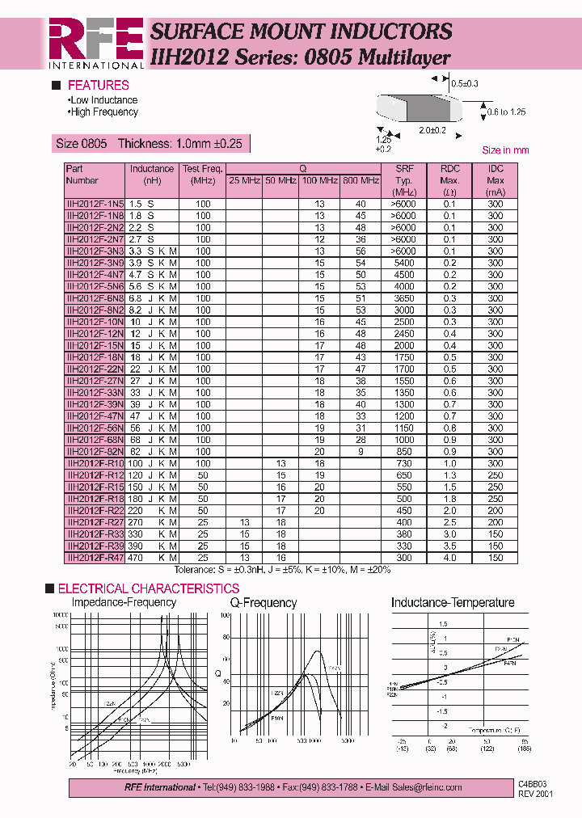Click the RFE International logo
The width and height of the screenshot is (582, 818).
click(x=95, y=42)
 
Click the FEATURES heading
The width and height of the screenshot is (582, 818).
click(x=98, y=85)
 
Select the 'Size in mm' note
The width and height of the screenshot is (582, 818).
click(x=505, y=150)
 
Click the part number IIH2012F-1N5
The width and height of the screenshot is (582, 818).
click(x=95, y=204)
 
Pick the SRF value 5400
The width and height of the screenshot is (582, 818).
click(x=404, y=263)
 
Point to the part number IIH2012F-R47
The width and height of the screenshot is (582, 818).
click(x=95, y=558)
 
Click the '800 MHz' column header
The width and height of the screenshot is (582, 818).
click(x=360, y=180)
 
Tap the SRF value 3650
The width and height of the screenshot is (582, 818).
click(x=404, y=298)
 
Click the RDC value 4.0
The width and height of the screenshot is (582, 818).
click(x=449, y=558)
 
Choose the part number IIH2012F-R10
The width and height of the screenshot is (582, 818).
click(x=95, y=463)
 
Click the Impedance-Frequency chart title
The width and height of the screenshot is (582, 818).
click(x=124, y=602)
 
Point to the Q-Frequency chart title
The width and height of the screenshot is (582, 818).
click(x=264, y=603)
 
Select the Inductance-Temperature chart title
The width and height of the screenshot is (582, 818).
click(x=453, y=602)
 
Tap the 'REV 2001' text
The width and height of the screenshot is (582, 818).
click(x=535, y=794)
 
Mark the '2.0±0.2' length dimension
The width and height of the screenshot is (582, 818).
click(x=432, y=130)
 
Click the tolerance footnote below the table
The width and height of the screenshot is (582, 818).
click(x=282, y=570)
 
